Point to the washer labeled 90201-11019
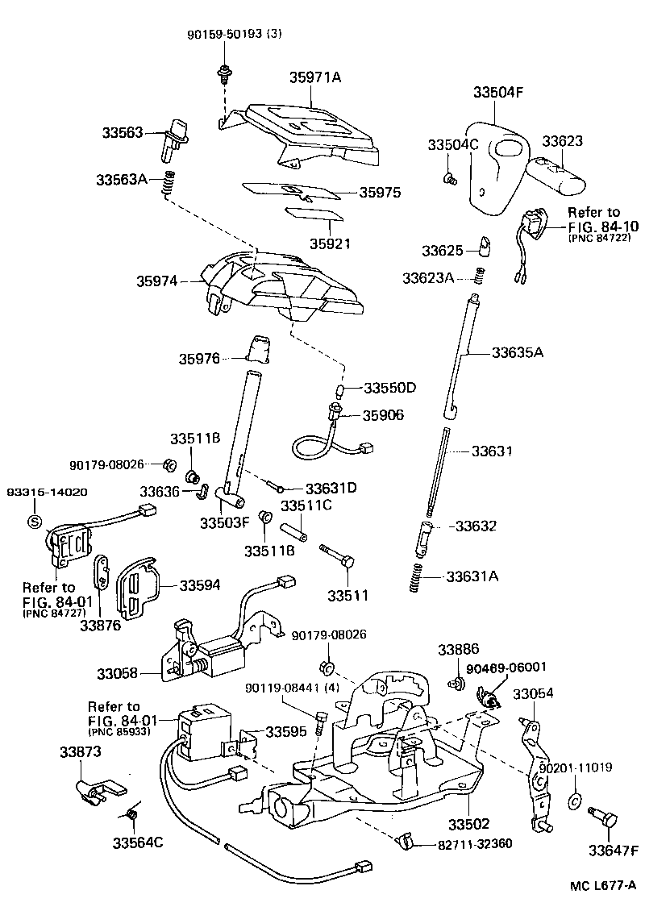tap(575, 801)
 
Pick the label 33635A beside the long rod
tap(518, 352)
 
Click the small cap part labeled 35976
tap(259, 351)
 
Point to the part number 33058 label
tap(118, 672)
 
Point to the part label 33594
tap(199, 585)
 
